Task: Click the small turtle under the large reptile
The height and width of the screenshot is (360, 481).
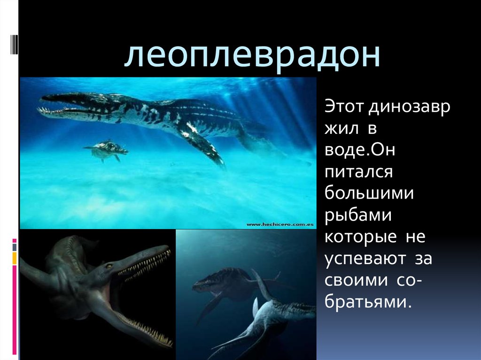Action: (x=107, y=149)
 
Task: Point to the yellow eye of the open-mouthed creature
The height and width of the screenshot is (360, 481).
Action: (x=109, y=266)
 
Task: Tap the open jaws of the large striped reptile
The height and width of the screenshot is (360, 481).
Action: (x=61, y=106)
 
